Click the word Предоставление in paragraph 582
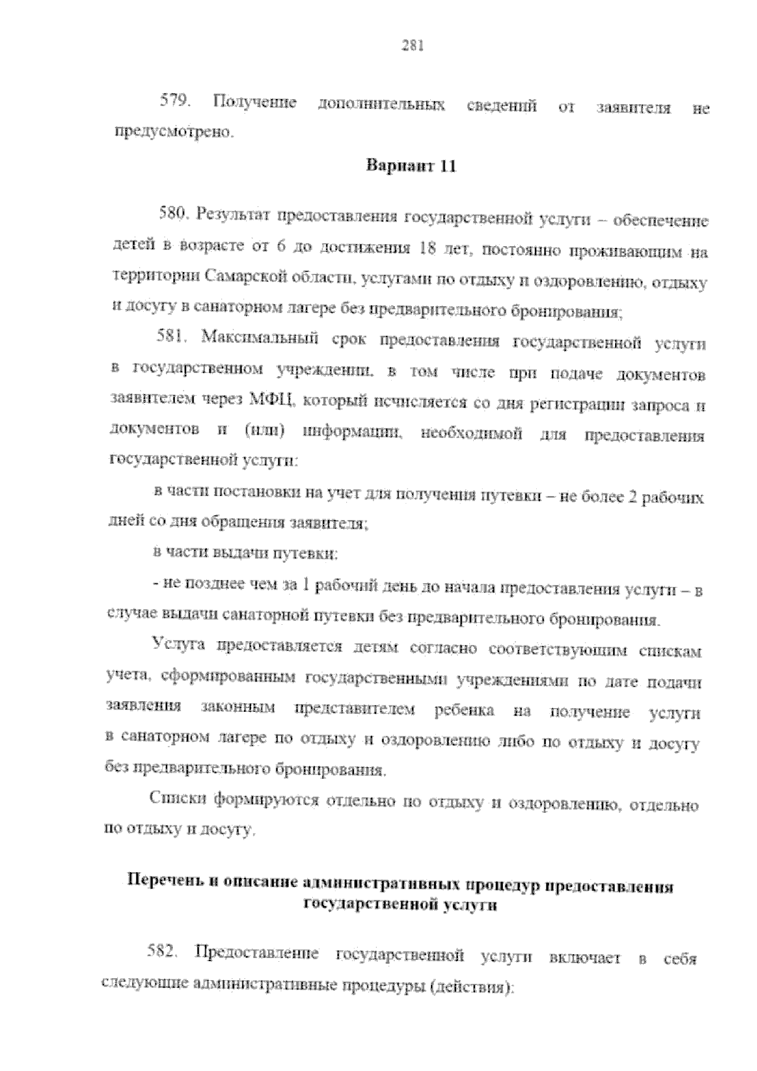pyautogui.click(x=259, y=953)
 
